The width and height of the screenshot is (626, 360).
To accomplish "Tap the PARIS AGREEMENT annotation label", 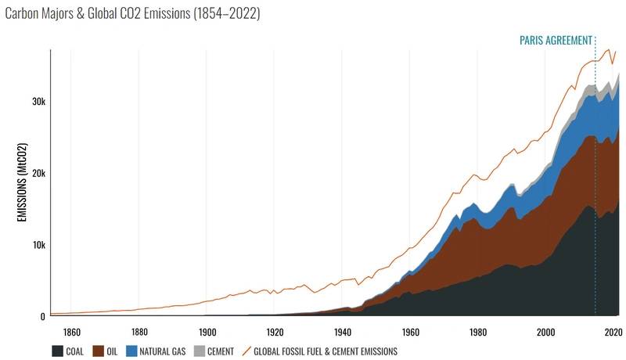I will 556,41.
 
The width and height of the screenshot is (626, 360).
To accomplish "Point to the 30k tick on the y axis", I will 35,102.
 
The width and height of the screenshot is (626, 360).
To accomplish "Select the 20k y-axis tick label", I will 35,173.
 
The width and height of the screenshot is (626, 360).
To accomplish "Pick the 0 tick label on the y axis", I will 42,316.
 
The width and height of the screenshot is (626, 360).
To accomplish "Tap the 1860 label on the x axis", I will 71,330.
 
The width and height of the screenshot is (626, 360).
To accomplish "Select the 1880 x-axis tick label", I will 139,330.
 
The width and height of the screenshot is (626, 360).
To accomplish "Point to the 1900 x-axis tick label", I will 207,330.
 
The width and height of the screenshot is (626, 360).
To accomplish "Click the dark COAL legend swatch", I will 57,351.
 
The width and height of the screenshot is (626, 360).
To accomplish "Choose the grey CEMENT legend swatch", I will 200,351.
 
